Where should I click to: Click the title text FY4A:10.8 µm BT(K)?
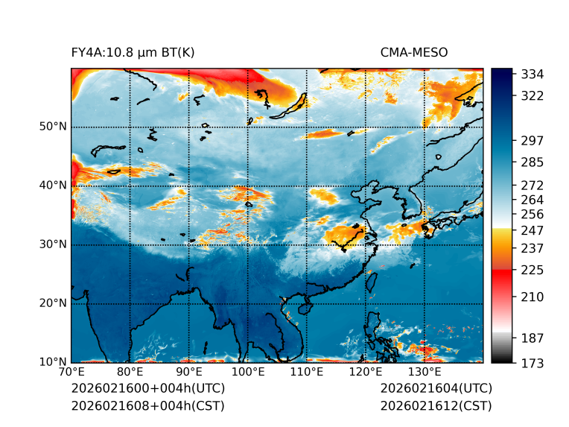click(133, 52)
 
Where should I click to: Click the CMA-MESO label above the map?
click(414, 52)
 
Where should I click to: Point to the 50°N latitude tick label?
click(53, 127)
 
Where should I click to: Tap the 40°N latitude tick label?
click(53, 186)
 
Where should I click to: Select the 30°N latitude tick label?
click(53, 244)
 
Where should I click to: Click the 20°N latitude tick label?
click(53, 303)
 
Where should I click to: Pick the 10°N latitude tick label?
click(53, 362)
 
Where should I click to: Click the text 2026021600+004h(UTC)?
click(147, 389)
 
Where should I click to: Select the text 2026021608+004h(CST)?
click(147, 405)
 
